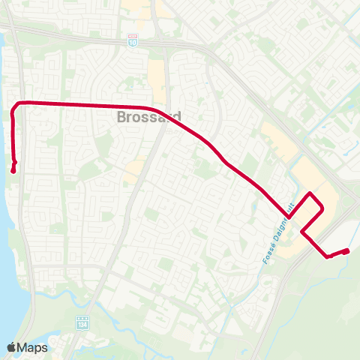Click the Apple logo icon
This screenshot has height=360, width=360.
tap(12, 346)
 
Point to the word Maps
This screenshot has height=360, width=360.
tap(33, 346)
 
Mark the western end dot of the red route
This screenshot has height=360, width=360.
tap(13, 170)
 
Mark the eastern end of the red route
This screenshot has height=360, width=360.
tap(348, 250)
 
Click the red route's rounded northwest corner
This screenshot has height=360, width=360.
tap(18, 103)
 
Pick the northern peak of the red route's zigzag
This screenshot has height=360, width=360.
tap(311, 193)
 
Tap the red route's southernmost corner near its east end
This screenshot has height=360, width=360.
tap(328, 257)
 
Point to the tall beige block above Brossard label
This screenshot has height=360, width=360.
tap(157, 79)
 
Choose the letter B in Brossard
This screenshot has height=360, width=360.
tap(121, 118)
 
